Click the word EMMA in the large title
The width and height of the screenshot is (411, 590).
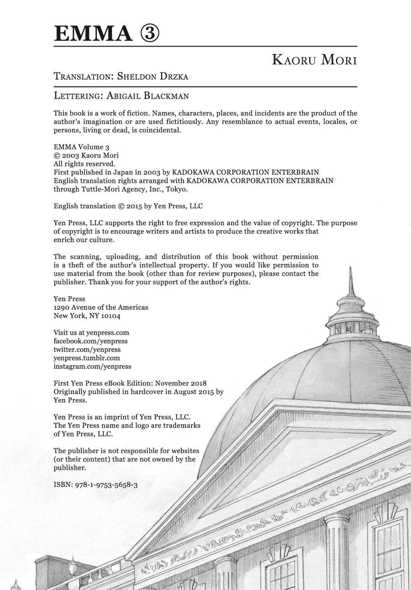[x=92, y=34]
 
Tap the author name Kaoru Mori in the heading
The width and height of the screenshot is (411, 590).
[x=314, y=60]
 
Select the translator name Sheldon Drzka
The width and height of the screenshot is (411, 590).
[x=153, y=76]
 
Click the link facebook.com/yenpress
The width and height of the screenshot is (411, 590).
[x=90, y=341]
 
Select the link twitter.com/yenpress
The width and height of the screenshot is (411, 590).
[x=87, y=350]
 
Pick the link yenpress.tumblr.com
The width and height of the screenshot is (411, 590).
[x=87, y=358]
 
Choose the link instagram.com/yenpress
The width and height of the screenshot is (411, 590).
[x=92, y=366]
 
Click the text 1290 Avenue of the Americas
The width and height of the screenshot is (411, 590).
[x=101, y=307]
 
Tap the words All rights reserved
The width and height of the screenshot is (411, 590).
[x=84, y=164]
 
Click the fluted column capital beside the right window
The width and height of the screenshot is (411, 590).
[x=336, y=521]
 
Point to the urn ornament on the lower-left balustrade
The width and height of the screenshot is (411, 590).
[x=73, y=566]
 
